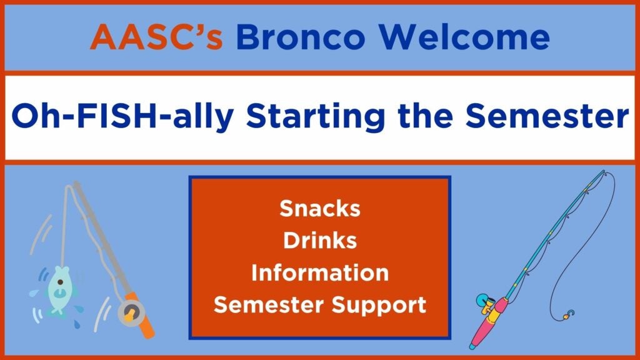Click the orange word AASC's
click(x=156, y=37)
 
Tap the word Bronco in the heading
click(x=301, y=37)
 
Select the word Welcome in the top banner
click(x=464, y=37)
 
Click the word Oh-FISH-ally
click(x=123, y=116)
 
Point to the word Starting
click(x=316, y=116)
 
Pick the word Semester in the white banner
click(x=547, y=116)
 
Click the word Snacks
click(x=320, y=208)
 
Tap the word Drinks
click(x=320, y=240)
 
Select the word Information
click(x=320, y=272)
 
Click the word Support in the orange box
click(x=379, y=305)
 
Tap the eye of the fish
click(x=61, y=282)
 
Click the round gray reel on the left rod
click(x=131, y=313)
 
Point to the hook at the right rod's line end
click(x=569, y=315)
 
